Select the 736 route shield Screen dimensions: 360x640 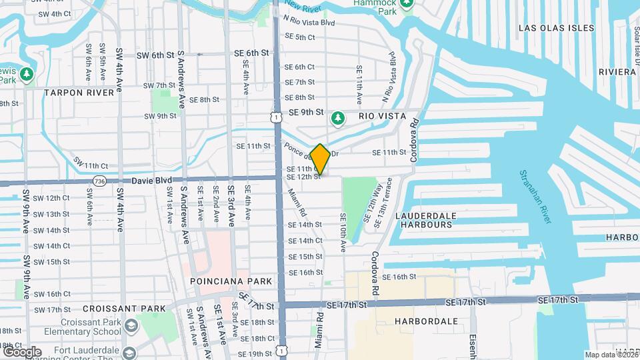click(x=99, y=180)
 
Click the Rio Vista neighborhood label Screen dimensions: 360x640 click(x=382, y=116)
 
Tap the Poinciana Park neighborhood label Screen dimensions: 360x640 click(x=231, y=281)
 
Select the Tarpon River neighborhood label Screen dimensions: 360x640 click(x=79, y=93)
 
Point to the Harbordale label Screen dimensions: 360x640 click(x=425, y=321)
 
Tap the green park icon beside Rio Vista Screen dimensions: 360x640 click(x=338, y=118)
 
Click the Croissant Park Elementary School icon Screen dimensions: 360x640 click(x=131, y=325)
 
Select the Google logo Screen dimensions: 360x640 click(x=21, y=351)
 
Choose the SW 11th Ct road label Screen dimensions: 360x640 click(x=91, y=165)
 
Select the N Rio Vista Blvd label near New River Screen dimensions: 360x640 click(x=308, y=22)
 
